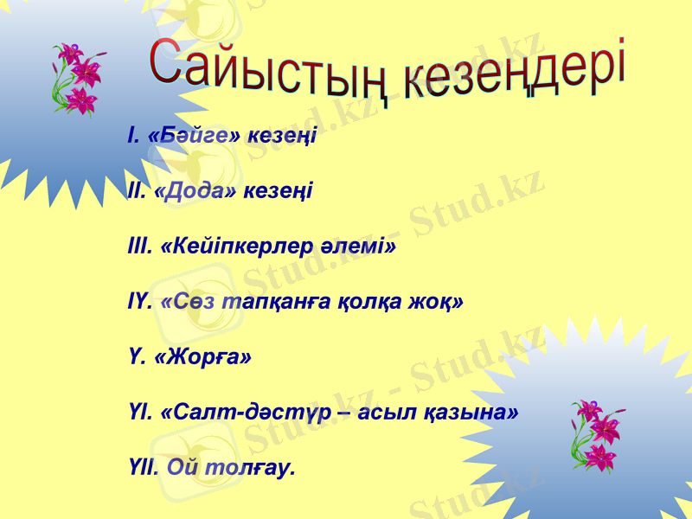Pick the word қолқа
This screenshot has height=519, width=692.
(x=371, y=302)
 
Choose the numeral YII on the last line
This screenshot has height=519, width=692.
(x=142, y=468)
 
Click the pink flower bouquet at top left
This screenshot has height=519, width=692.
(x=77, y=79)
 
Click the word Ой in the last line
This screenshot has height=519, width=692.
(x=183, y=468)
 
